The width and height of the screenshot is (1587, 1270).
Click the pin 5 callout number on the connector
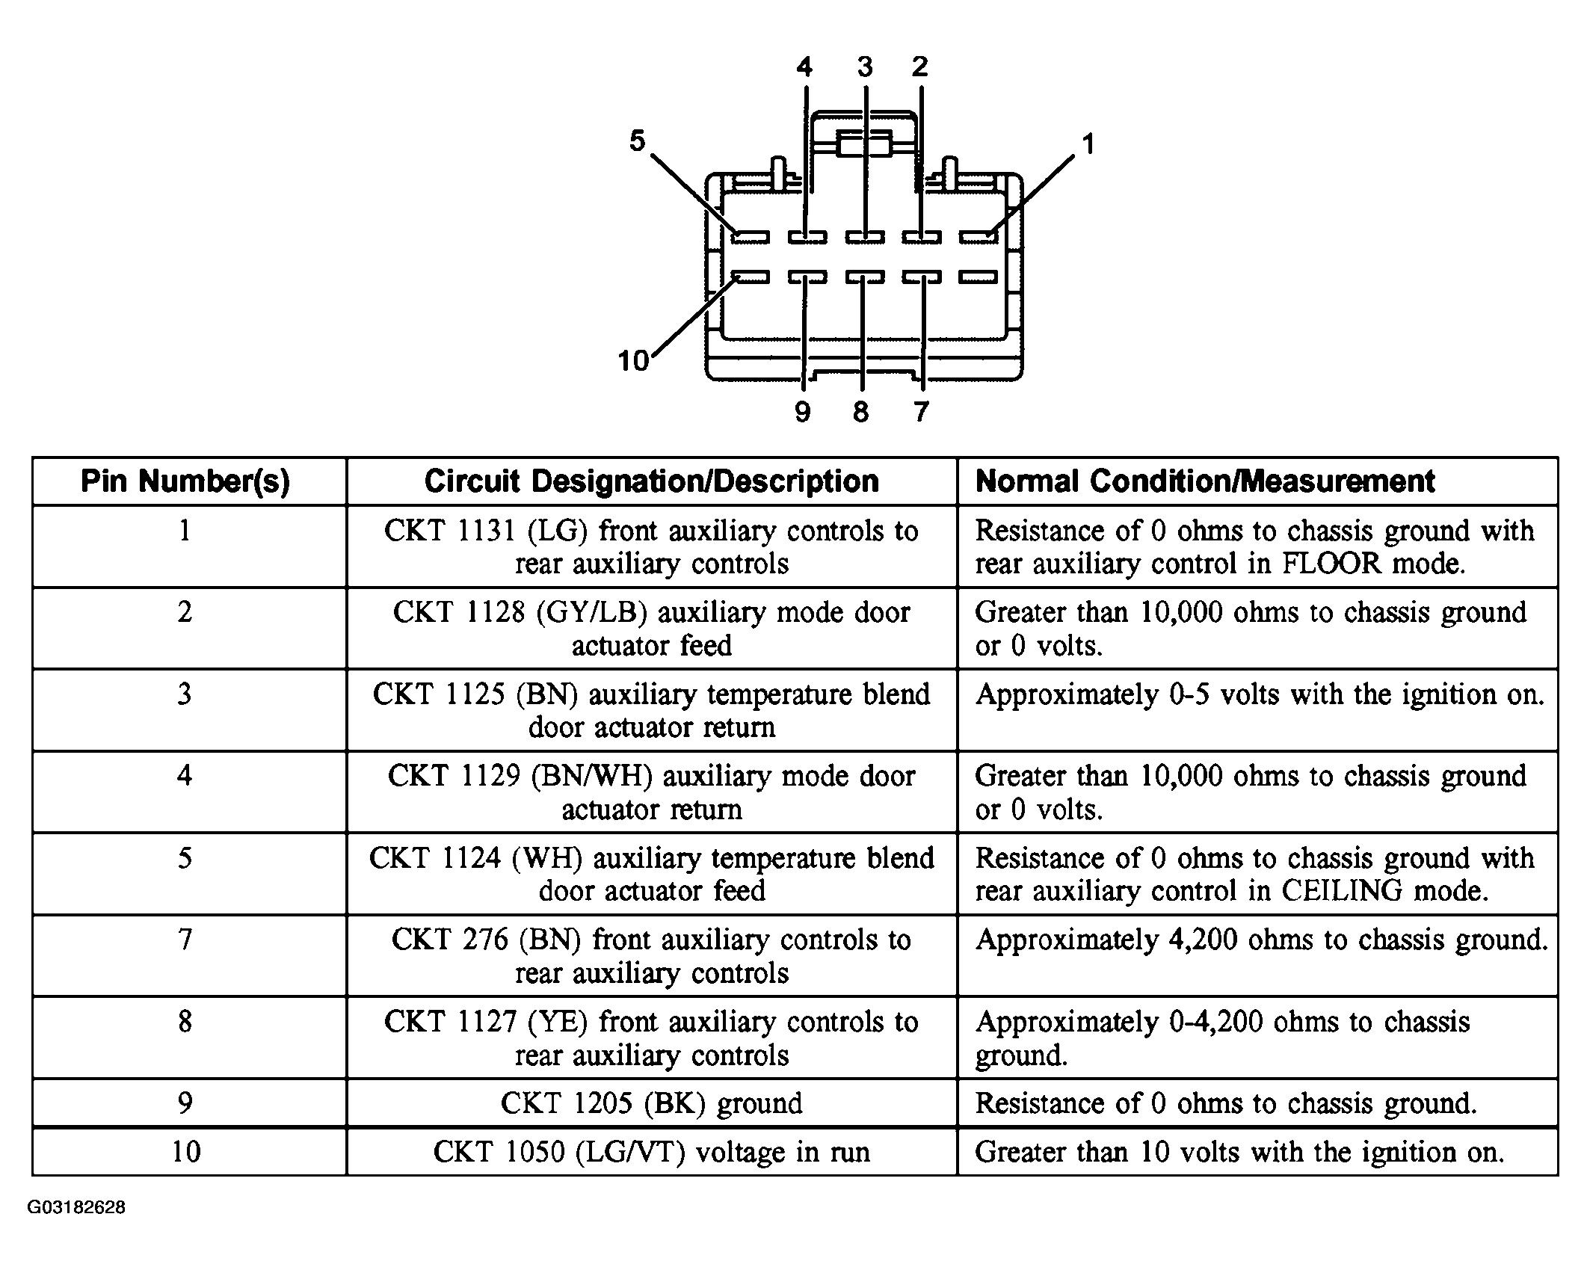(x=637, y=141)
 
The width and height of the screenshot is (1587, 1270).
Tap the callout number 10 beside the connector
(x=632, y=361)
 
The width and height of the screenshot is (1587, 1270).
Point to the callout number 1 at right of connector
(x=1088, y=144)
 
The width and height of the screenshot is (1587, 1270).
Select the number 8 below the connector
(x=861, y=412)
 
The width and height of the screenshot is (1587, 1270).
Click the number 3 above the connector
(x=865, y=67)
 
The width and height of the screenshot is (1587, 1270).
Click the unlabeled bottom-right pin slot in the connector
(x=979, y=278)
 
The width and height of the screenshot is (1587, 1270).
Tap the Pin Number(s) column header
(x=185, y=482)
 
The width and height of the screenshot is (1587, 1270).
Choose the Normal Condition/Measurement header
(x=1205, y=482)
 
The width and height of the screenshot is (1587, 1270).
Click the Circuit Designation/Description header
(x=651, y=482)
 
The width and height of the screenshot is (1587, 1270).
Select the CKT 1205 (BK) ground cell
(x=651, y=1103)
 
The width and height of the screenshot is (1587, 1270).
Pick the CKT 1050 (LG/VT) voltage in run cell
(x=651, y=1152)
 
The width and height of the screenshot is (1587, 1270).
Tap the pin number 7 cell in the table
(x=185, y=940)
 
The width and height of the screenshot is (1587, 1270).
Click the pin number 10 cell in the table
(x=185, y=1152)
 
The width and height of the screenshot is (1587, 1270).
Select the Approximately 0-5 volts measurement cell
(x=1259, y=695)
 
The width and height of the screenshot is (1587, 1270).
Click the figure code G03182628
(x=76, y=1208)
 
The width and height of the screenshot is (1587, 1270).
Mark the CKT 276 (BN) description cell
(x=651, y=956)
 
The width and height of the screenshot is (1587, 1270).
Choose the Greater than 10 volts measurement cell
(x=1239, y=1152)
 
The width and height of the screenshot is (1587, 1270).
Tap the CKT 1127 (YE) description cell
(x=651, y=1038)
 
